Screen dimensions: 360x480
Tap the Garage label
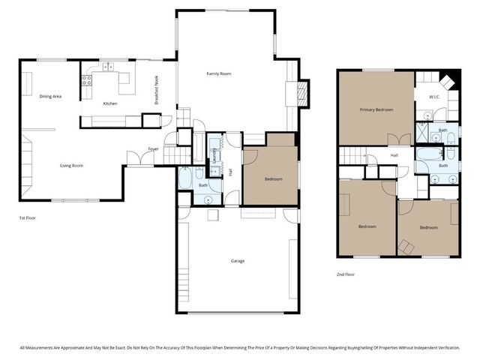pos(237,261)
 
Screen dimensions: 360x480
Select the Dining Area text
pos(50,96)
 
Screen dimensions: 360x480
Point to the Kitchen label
pos(109,103)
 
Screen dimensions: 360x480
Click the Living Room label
pos(71,165)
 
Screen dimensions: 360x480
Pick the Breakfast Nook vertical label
pos(157,93)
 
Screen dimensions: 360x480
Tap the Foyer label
pos(152,148)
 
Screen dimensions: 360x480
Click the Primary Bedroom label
pos(376,110)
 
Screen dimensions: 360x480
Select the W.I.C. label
pos(434,97)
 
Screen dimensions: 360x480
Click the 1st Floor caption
pos(27,217)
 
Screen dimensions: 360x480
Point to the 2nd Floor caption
pos(346,274)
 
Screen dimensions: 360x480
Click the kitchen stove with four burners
pos(86,79)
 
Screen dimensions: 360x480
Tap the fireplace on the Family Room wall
pos(302,92)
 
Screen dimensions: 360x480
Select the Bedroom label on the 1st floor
pos(273,178)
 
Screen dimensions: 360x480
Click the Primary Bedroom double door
pos(398,139)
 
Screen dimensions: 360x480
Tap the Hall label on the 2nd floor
pos(393,155)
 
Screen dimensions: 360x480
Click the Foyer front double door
pos(135,159)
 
